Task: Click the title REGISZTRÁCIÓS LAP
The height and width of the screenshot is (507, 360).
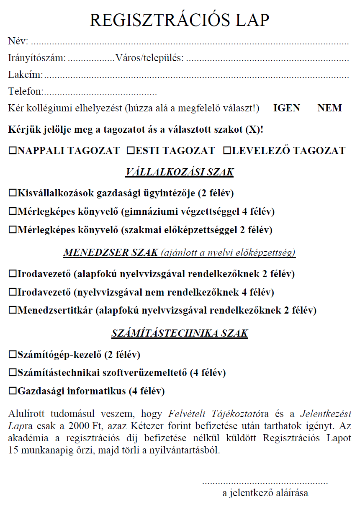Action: click(x=180, y=20)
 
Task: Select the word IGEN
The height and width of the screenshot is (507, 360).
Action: click(x=286, y=108)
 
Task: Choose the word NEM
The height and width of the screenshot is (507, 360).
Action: click(x=329, y=108)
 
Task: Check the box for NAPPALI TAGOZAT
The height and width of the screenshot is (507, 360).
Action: click(x=12, y=151)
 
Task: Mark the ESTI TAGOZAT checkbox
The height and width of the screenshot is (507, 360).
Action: click(x=130, y=151)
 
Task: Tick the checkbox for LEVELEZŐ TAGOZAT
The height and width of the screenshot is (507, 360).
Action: click(x=227, y=151)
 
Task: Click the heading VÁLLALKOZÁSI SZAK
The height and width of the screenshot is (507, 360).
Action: click(x=180, y=172)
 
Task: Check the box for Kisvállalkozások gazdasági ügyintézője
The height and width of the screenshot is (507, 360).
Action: click(x=12, y=193)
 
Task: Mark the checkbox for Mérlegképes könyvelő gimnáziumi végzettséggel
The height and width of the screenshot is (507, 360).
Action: click(x=12, y=212)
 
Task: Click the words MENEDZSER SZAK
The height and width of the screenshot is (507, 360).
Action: click(x=111, y=253)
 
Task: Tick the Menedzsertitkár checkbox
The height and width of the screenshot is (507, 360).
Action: click(x=12, y=311)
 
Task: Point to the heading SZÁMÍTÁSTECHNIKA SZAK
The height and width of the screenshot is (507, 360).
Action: click(x=180, y=333)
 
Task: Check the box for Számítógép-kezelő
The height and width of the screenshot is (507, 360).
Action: click(x=12, y=355)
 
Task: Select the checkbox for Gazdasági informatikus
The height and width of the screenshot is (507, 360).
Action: click(x=12, y=391)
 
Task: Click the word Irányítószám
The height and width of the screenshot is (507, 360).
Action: click(x=37, y=58)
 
